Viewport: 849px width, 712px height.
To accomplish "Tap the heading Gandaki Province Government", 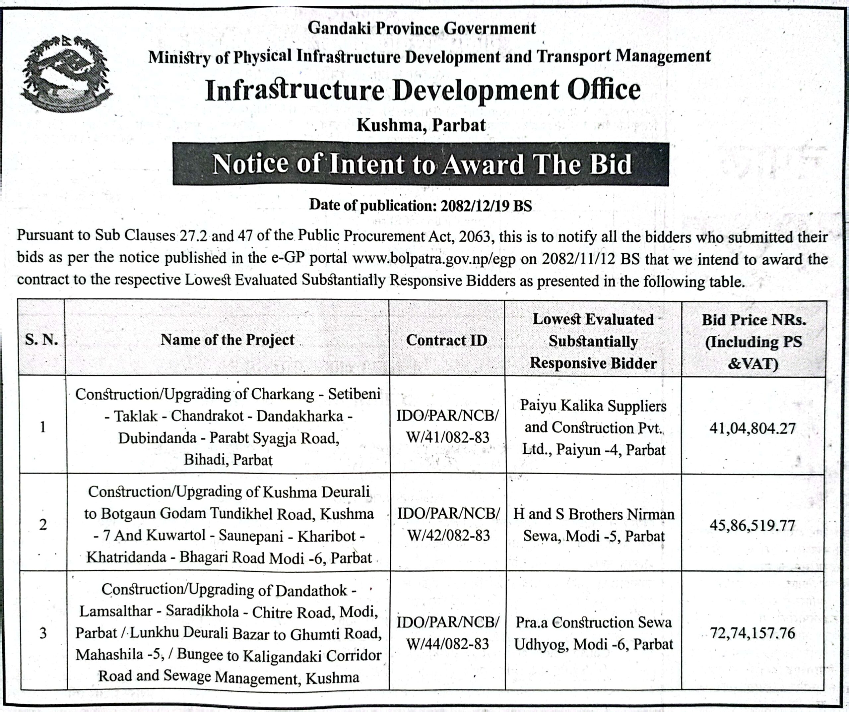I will click(x=421, y=28).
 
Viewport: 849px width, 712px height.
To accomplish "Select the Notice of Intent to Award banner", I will click(x=421, y=164).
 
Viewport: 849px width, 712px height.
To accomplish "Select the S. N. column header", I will click(x=42, y=340).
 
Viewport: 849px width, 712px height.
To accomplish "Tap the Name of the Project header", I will click(x=228, y=340).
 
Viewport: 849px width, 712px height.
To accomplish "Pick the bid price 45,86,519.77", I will click(x=752, y=525).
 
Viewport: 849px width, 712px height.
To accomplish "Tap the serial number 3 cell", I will click(x=43, y=633).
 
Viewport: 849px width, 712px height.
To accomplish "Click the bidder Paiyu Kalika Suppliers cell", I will click(x=593, y=427).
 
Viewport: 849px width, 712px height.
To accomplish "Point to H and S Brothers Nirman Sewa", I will click(x=594, y=525).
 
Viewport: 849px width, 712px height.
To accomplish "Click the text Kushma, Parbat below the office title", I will click(x=421, y=125).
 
